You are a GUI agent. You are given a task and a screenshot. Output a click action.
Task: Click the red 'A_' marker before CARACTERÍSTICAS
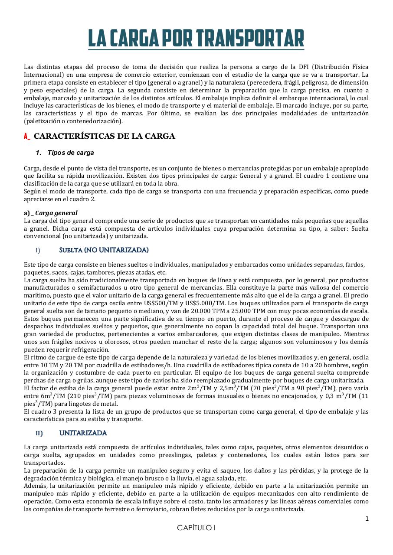coord(27,137)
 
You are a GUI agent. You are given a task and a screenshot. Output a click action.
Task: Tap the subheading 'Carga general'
coord(56,213)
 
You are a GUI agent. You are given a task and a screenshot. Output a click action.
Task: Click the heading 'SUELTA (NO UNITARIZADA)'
coord(104,250)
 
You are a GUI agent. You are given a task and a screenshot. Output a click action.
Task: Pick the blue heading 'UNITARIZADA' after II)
coord(83,433)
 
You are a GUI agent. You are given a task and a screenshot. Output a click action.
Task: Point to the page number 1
coord(367,519)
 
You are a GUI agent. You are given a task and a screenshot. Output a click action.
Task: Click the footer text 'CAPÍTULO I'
coord(196,528)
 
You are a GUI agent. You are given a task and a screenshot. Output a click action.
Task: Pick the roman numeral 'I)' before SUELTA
coord(38,251)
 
